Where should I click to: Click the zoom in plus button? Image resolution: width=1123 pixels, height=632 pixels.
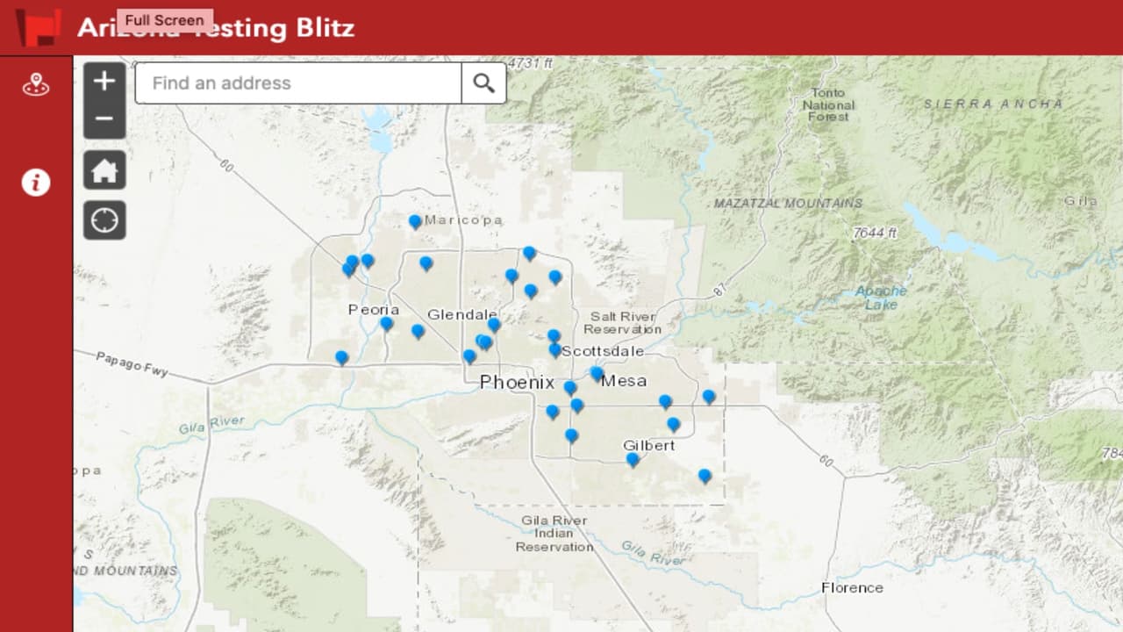point(104,81)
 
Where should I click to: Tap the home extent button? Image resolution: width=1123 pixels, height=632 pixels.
point(104,170)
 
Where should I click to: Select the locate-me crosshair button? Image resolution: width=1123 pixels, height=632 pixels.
point(104,220)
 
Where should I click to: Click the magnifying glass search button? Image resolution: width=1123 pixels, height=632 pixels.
point(483,83)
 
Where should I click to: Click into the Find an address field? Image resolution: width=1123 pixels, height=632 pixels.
point(298,83)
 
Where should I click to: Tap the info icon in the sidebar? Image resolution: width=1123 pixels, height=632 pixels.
point(36,183)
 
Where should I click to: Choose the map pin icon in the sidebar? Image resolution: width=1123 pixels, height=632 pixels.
point(36,85)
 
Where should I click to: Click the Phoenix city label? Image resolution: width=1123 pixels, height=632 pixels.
point(517,383)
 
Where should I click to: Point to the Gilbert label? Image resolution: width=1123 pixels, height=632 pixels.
point(649,445)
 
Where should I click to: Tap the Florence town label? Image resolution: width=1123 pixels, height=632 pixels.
point(852,587)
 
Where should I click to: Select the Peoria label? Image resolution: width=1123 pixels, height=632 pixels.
point(374,309)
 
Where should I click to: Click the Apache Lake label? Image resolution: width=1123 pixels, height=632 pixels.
point(881,298)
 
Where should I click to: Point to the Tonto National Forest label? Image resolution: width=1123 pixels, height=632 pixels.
point(826,104)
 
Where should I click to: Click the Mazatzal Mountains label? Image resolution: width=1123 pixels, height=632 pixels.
point(788,203)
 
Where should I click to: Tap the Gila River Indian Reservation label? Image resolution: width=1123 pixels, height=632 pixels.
point(554,533)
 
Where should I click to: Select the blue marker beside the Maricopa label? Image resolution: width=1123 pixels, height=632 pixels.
point(415,221)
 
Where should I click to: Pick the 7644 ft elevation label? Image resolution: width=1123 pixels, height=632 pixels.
point(874,233)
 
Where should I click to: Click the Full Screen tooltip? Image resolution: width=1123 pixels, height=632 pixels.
point(164,20)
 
